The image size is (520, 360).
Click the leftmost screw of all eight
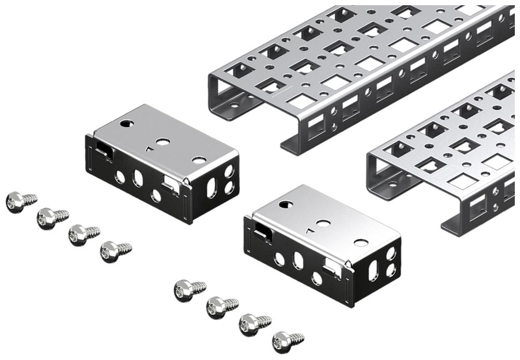point(16,201)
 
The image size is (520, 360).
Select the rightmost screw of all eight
point(282,341)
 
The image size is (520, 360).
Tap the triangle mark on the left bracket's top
point(149,148)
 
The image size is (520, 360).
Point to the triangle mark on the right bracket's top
point(310,230)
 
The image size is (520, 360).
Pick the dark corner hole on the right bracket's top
point(284,204)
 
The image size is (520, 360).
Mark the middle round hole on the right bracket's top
point(323,223)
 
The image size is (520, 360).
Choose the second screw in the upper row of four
point(47,218)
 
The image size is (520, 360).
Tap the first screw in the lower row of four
point(184,290)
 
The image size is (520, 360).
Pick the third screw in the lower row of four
point(249,325)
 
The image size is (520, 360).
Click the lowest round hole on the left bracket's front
point(155,196)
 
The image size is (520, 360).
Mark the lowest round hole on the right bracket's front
point(316,278)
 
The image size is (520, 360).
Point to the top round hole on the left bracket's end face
point(229,171)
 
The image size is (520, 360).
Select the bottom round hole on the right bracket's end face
point(391,270)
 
